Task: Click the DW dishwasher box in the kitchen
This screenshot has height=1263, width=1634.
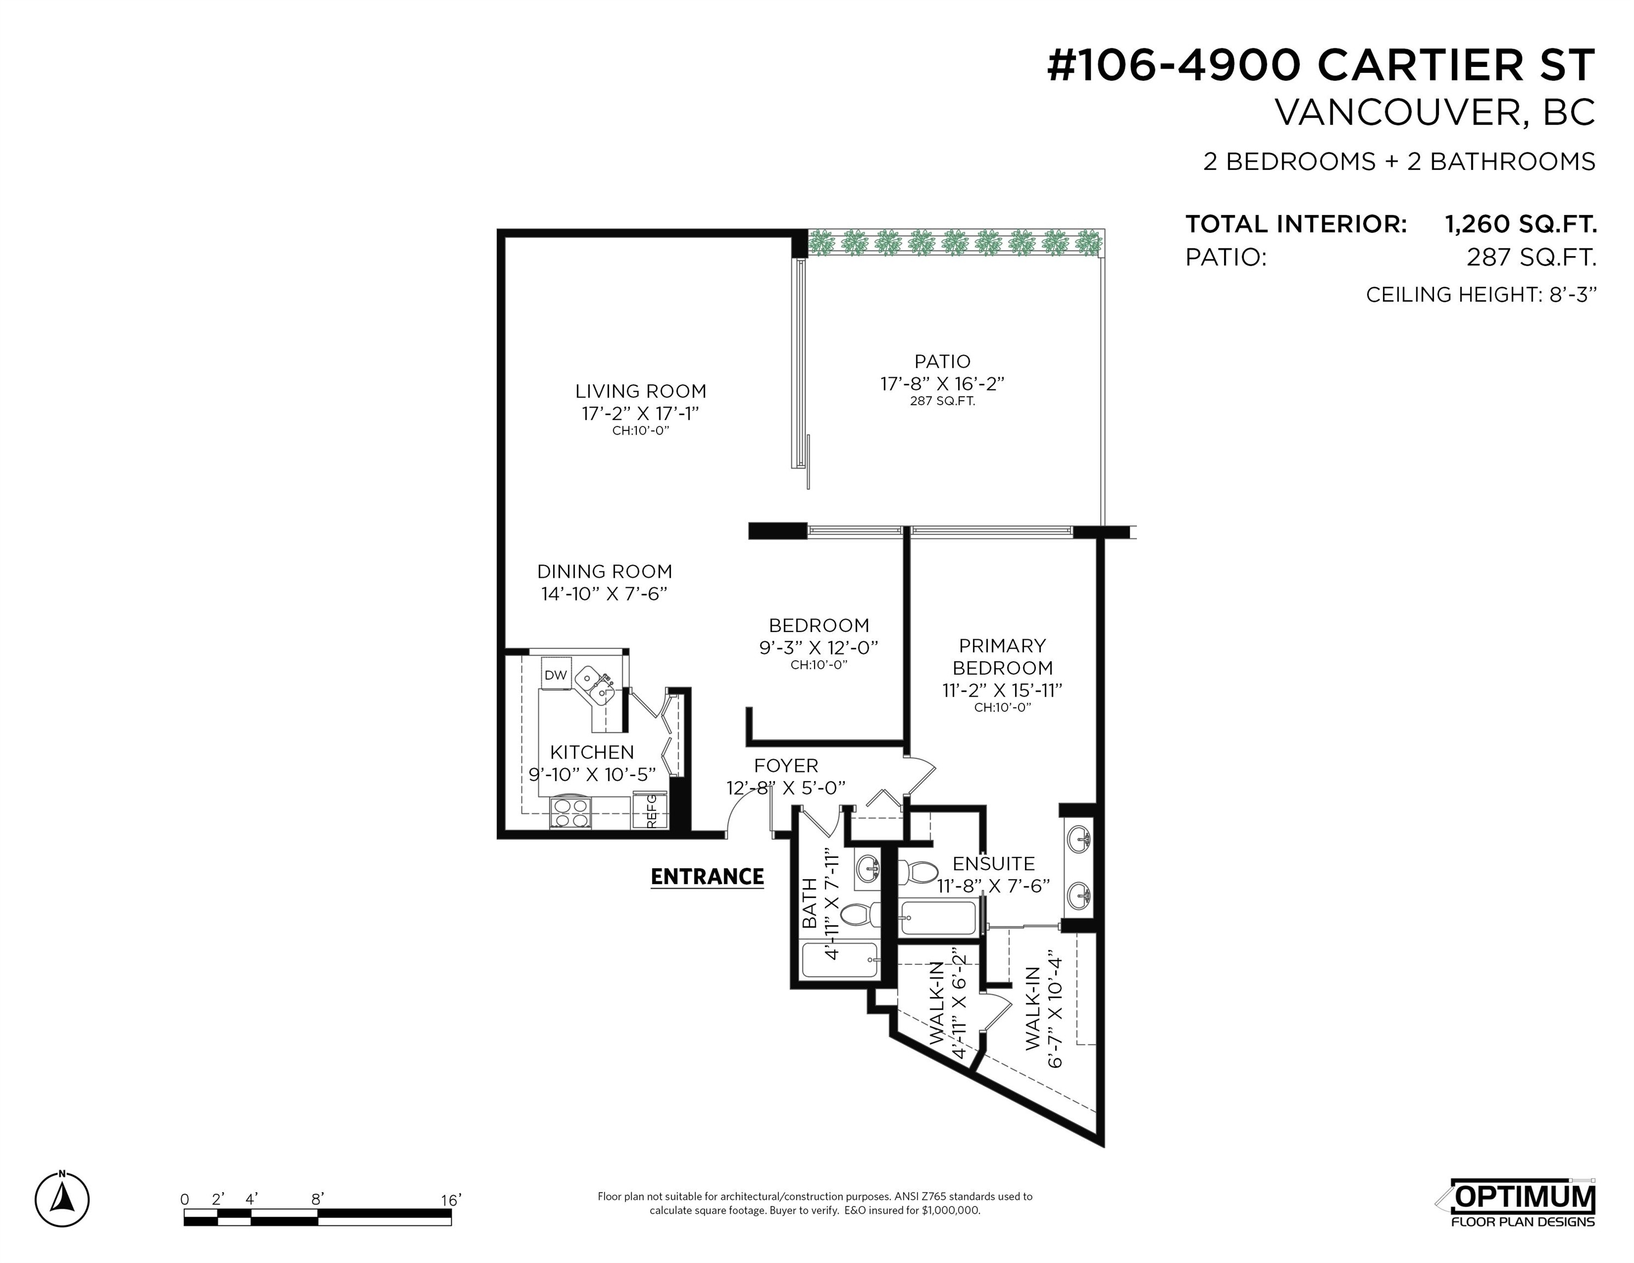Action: pos(556,674)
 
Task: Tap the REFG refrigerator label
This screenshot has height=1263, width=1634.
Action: pos(651,810)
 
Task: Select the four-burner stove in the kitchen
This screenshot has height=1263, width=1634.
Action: pos(571,812)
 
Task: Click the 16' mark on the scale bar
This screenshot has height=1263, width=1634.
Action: pos(451,1200)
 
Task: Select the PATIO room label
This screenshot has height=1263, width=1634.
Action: pos(942,361)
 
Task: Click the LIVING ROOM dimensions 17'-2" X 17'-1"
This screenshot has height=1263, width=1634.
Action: pos(640,413)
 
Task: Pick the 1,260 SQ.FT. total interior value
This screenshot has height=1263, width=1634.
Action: pos(1521,224)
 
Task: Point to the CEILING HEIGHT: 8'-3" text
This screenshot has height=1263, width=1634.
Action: pos(1481,295)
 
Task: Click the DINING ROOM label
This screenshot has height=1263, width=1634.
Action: pos(605,572)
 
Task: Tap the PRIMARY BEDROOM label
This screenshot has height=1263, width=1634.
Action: pos(1002,656)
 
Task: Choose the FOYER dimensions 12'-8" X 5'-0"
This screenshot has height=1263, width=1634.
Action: pos(785,788)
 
